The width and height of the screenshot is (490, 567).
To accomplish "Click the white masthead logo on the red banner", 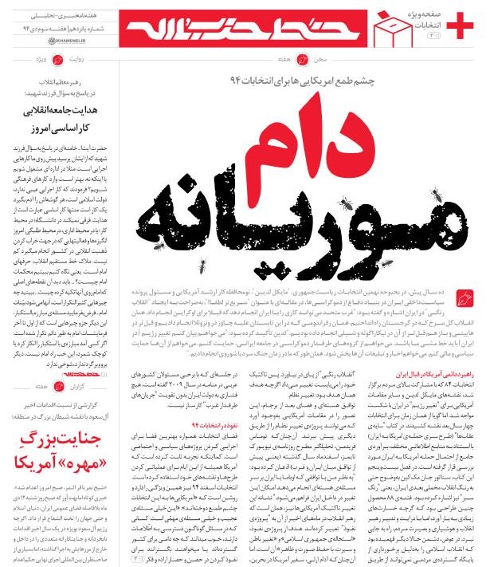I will (238, 25).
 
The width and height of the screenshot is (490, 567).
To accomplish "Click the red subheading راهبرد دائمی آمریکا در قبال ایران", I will (437, 374).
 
